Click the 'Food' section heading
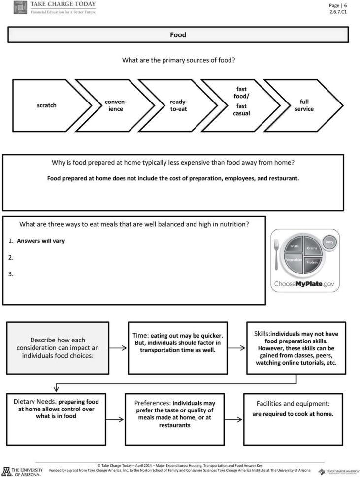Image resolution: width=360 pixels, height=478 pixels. pos(178,35)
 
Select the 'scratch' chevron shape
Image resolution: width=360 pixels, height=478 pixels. pos(47,105)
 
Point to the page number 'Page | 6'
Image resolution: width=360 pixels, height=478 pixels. pos(338,5)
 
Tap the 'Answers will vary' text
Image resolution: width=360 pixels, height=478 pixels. pos(40,241)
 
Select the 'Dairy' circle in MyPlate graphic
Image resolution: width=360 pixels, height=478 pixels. pos(329,241)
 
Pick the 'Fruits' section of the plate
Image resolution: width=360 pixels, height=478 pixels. pos(295,246)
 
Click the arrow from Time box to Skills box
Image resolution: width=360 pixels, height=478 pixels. pos(236,348)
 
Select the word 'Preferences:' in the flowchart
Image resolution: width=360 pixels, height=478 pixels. pos(153,403)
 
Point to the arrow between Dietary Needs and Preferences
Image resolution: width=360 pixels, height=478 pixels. pos(117,419)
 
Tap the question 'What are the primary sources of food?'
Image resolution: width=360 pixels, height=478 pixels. pos(178,60)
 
